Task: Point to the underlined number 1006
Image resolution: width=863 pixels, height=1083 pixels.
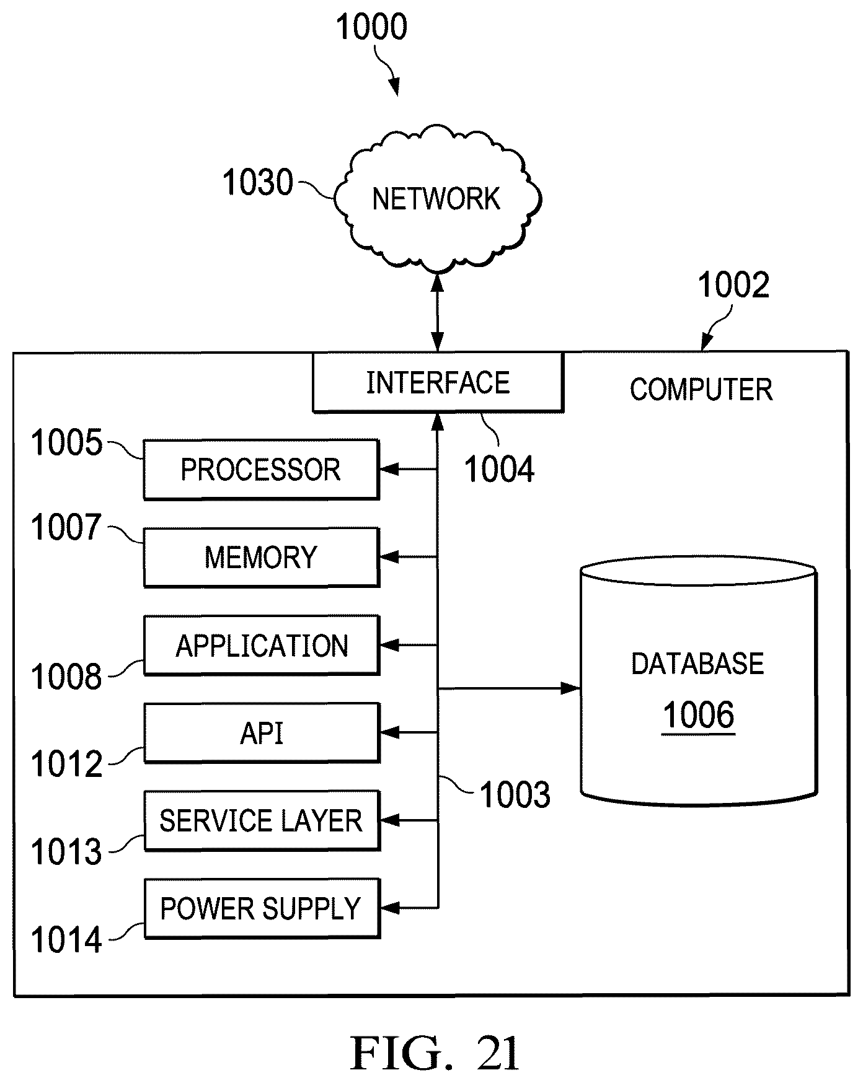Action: tap(699, 716)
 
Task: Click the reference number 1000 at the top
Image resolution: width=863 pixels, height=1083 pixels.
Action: tap(371, 27)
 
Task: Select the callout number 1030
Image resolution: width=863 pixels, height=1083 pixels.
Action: tap(258, 183)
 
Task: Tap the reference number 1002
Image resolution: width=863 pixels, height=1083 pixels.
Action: tap(733, 286)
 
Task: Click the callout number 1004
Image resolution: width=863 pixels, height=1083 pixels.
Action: tap(499, 469)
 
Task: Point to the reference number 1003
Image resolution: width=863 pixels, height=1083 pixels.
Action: tap(515, 795)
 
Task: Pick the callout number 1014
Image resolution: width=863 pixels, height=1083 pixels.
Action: tap(66, 940)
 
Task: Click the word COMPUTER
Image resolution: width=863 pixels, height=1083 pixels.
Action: tap(701, 390)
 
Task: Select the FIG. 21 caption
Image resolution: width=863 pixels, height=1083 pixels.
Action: tap(435, 1053)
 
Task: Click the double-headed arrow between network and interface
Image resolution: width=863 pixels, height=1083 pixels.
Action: tap(438, 313)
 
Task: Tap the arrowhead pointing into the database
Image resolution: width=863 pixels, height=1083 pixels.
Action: tap(571, 688)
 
